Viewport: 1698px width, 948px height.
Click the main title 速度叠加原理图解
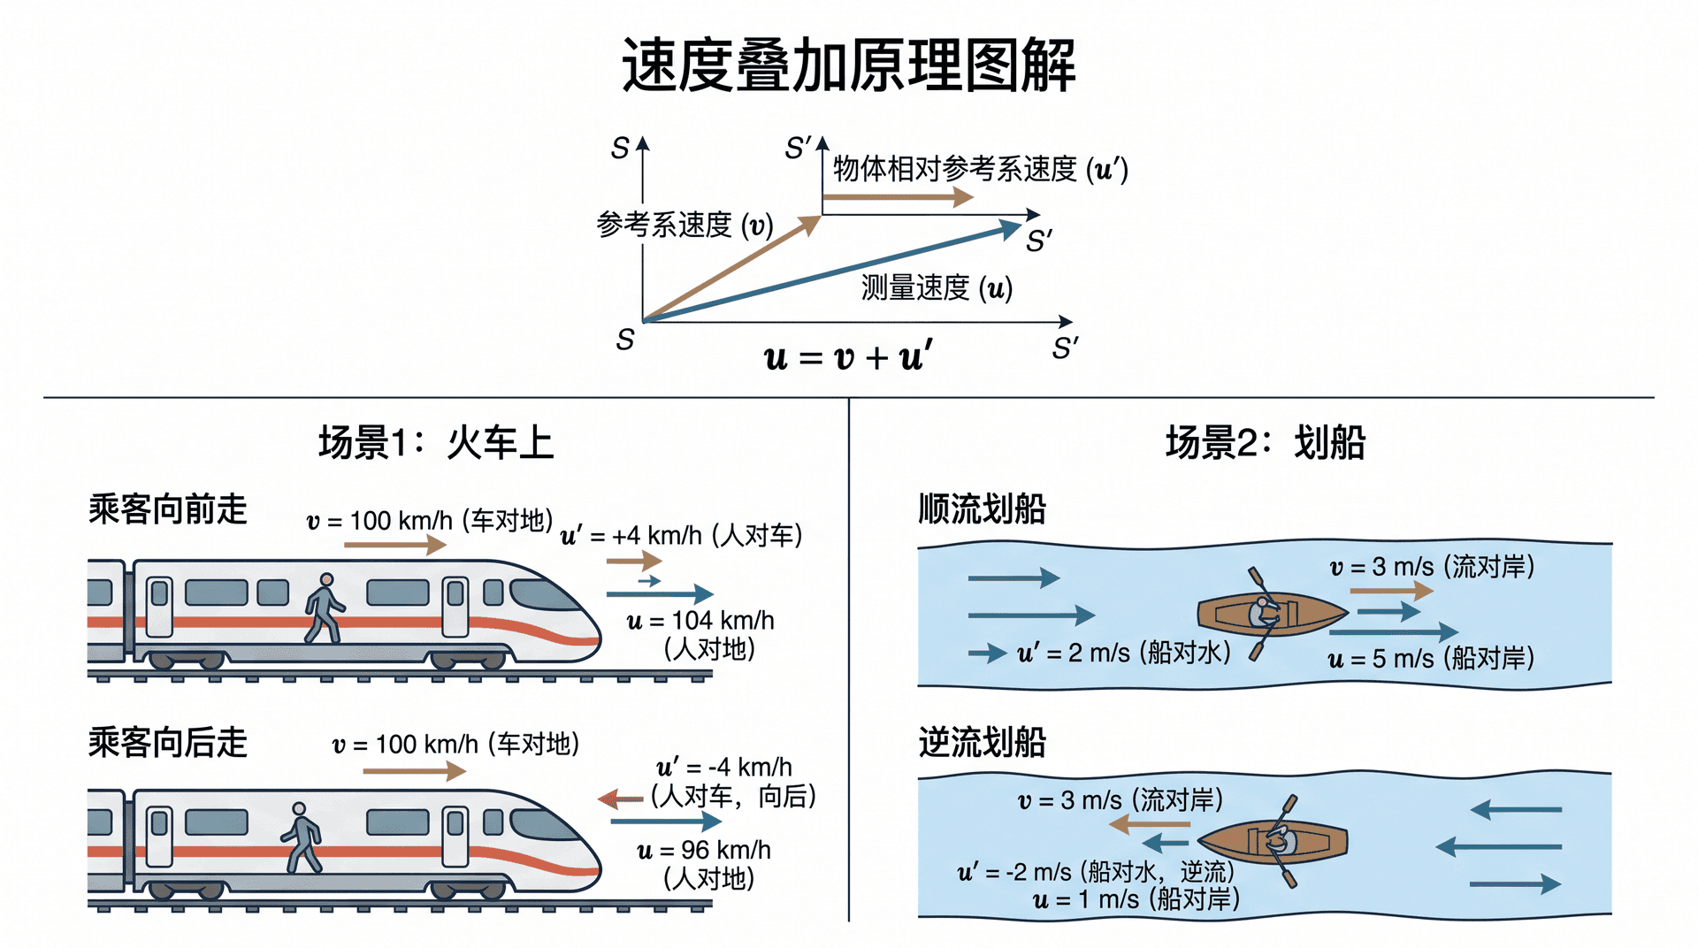849,65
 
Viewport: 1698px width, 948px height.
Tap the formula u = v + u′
848,356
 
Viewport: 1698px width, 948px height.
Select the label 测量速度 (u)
937,287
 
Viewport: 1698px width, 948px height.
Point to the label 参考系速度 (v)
685,225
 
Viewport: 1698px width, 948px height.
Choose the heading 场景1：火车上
436,442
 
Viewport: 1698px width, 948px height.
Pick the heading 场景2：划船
1266,442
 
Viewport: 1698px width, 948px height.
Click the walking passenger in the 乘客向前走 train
324,608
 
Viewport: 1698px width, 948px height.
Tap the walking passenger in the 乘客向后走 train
302,837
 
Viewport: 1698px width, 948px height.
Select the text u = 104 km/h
700,621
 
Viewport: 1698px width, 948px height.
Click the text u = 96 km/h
704,851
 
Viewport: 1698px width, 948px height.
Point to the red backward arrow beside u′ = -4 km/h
620,800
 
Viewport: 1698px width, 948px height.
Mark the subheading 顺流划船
983,508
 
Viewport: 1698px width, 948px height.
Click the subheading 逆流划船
983,742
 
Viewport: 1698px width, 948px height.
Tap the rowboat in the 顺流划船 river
1272,614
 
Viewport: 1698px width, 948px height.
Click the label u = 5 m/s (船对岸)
1431,659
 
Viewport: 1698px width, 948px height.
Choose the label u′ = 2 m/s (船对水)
1123,654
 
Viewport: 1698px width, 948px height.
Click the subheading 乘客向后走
168,742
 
